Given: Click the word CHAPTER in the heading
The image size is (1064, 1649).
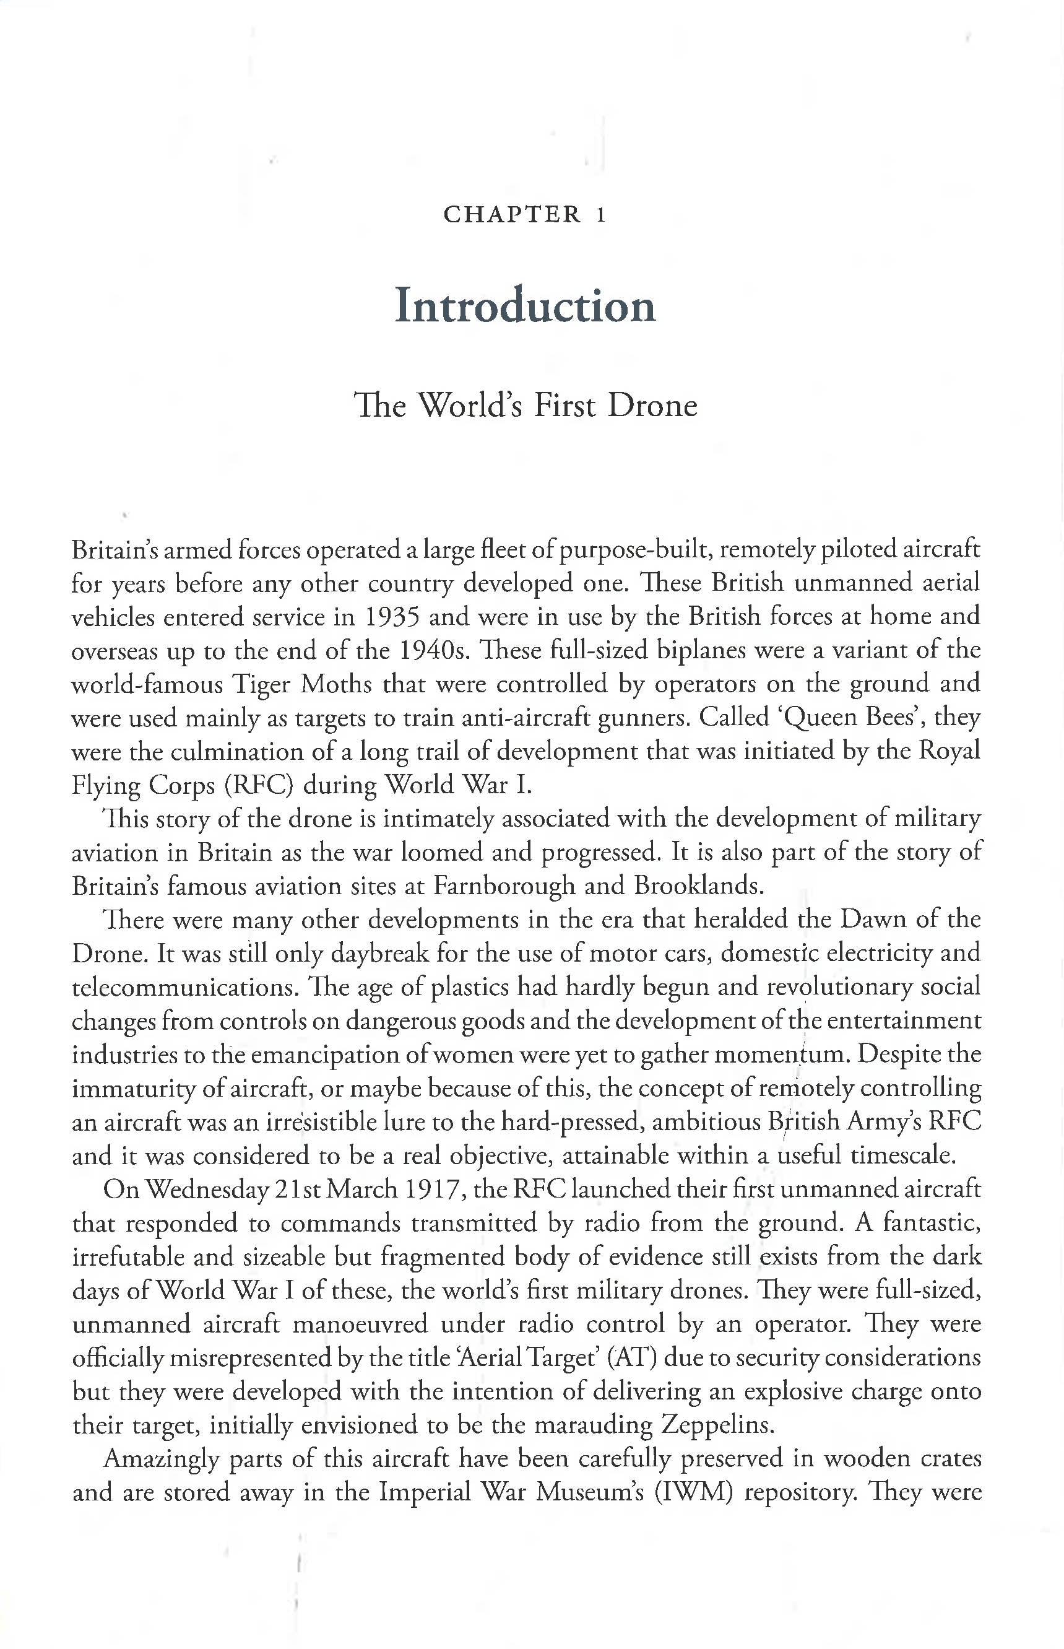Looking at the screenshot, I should (x=512, y=214).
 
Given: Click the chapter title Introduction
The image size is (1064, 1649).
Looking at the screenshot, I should (x=525, y=305).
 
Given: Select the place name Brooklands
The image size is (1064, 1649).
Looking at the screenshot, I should (x=694, y=887).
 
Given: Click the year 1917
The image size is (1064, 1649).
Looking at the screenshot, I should (x=433, y=1190).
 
